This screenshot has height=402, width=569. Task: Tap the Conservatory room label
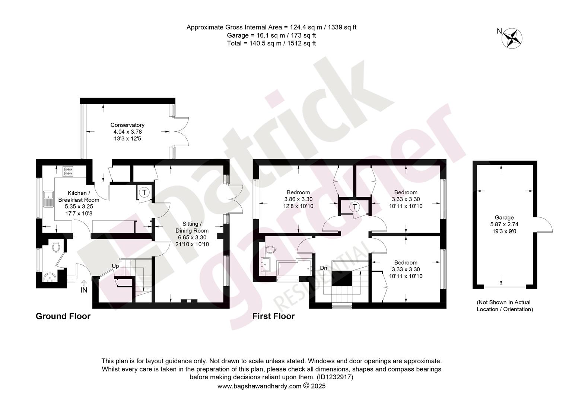127,125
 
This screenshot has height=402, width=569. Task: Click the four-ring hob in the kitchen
68,171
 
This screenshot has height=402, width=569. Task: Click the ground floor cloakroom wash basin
50,278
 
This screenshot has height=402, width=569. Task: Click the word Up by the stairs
115,266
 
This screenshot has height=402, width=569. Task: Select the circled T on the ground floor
144,192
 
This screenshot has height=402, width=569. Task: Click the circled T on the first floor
355,207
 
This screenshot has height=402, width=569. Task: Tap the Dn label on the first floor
323,268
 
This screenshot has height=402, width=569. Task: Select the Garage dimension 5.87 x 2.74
504,224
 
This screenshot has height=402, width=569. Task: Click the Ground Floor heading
63,316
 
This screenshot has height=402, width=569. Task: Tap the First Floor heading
273,316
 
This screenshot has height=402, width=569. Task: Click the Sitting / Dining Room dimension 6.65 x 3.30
192,237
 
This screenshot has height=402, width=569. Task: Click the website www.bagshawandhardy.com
259,386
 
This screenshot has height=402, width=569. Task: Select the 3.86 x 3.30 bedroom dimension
298,200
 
